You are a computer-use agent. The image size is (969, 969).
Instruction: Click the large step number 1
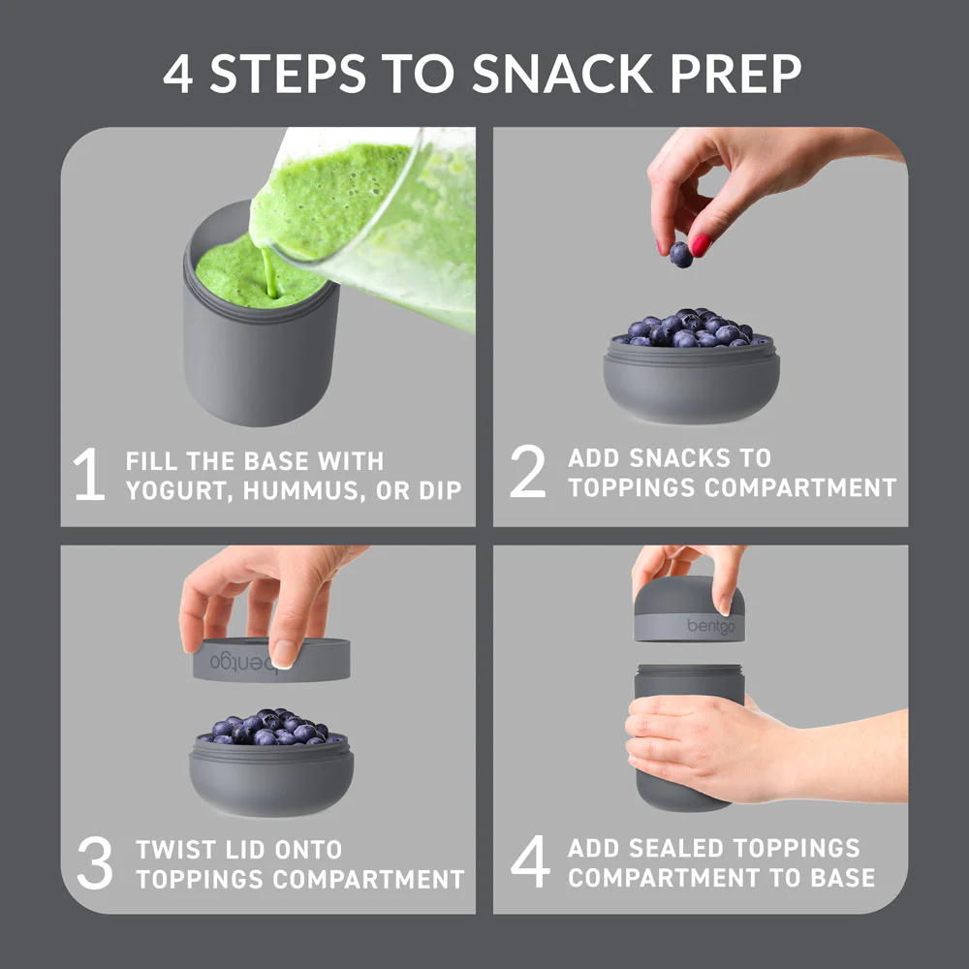(x=89, y=476)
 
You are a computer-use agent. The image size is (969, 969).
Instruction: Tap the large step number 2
(x=527, y=472)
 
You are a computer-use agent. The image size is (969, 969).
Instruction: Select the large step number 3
(x=95, y=865)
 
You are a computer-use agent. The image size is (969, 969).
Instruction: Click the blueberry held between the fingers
(x=681, y=255)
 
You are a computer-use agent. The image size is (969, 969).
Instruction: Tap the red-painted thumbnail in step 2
(x=700, y=245)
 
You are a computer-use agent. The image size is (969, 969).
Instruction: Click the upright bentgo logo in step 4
(x=711, y=626)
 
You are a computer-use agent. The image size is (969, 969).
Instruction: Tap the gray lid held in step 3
(x=271, y=661)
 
